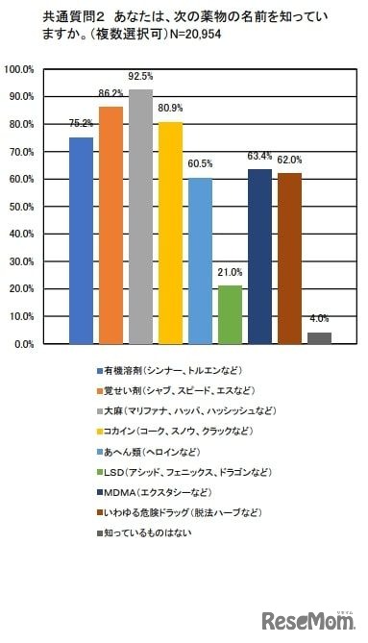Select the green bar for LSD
230,314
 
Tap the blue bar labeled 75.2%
81,240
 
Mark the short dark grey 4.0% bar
319,337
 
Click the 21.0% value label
230,273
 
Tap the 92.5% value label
140,76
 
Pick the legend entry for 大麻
184,409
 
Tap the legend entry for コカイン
174,429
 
